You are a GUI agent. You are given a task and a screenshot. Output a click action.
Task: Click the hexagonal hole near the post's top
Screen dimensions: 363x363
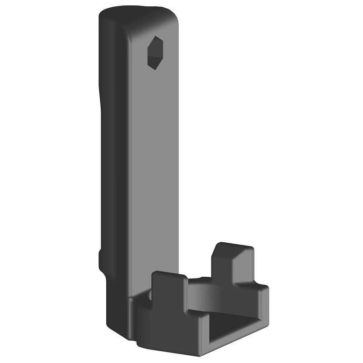coord(155,53)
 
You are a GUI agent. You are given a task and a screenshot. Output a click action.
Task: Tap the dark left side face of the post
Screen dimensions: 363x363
coord(111,159)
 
